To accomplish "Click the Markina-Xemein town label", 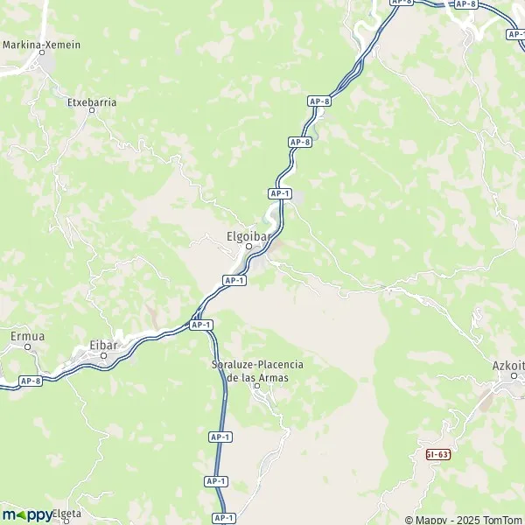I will point(42,44).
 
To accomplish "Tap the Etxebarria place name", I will point(92,101).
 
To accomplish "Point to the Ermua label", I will point(26,335).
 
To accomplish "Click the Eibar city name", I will point(103,345).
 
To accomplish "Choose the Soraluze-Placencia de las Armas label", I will point(256,370).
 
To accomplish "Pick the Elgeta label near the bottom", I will point(67,514).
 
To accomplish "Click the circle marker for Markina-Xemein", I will point(42,53).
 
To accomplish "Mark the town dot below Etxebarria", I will point(91,111).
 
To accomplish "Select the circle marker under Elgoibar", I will point(248,246).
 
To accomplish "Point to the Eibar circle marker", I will point(104,355).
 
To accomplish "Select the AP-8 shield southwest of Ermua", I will point(31,381).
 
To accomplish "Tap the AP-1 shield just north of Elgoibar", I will point(280,193).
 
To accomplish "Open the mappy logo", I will point(27,514).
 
